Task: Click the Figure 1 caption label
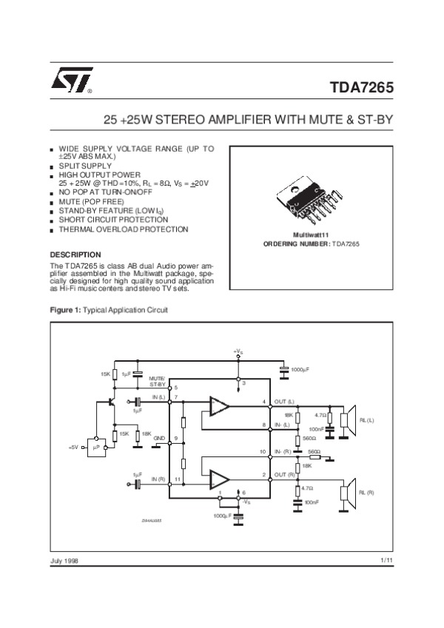64,308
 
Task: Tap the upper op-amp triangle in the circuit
219,405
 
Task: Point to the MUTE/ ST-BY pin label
158,381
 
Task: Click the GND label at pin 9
159,439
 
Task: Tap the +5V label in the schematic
73,448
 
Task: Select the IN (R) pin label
158,480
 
